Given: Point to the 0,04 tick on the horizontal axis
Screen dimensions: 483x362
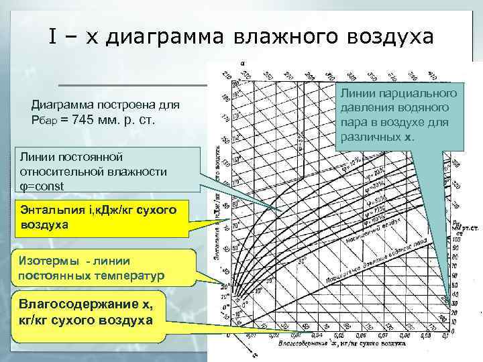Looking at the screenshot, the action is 317,333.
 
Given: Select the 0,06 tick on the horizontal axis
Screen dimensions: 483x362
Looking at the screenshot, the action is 362,333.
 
